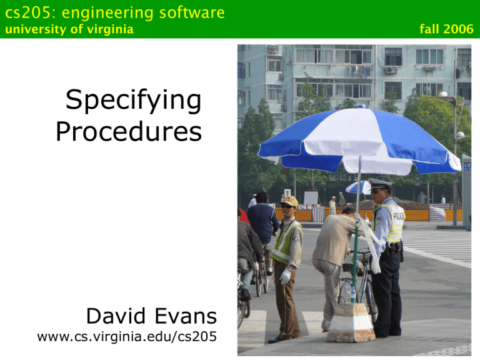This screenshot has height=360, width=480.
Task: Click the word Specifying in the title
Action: click(x=133, y=101)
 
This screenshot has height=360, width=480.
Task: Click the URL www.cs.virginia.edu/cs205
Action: click(x=127, y=337)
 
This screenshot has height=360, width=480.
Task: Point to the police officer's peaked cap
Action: click(x=379, y=184)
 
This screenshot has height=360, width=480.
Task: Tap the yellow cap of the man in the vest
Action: click(x=290, y=201)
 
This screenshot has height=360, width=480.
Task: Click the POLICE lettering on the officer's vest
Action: click(x=398, y=216)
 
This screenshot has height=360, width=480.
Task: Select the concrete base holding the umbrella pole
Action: click(x=351, y=322)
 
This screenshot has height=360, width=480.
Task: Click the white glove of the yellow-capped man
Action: click(x=286, y=276)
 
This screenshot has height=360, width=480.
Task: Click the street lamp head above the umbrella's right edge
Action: click(x=443, y=95)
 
